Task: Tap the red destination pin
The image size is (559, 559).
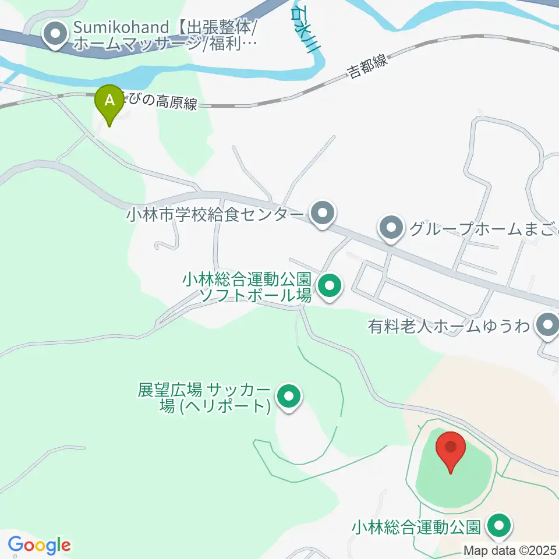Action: (451, 450)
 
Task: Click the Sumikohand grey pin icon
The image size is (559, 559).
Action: (56, 35)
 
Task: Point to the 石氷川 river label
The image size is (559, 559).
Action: (303, 29)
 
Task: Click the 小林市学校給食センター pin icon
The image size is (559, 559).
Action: (321, 214)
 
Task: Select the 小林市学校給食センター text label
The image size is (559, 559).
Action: (215, 215)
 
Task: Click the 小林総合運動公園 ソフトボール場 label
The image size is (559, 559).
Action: (247, 286)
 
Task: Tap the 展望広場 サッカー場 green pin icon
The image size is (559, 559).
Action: (288, 398)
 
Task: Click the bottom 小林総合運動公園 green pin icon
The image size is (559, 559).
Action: (499, 527)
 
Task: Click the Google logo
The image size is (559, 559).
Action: (39, 546)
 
